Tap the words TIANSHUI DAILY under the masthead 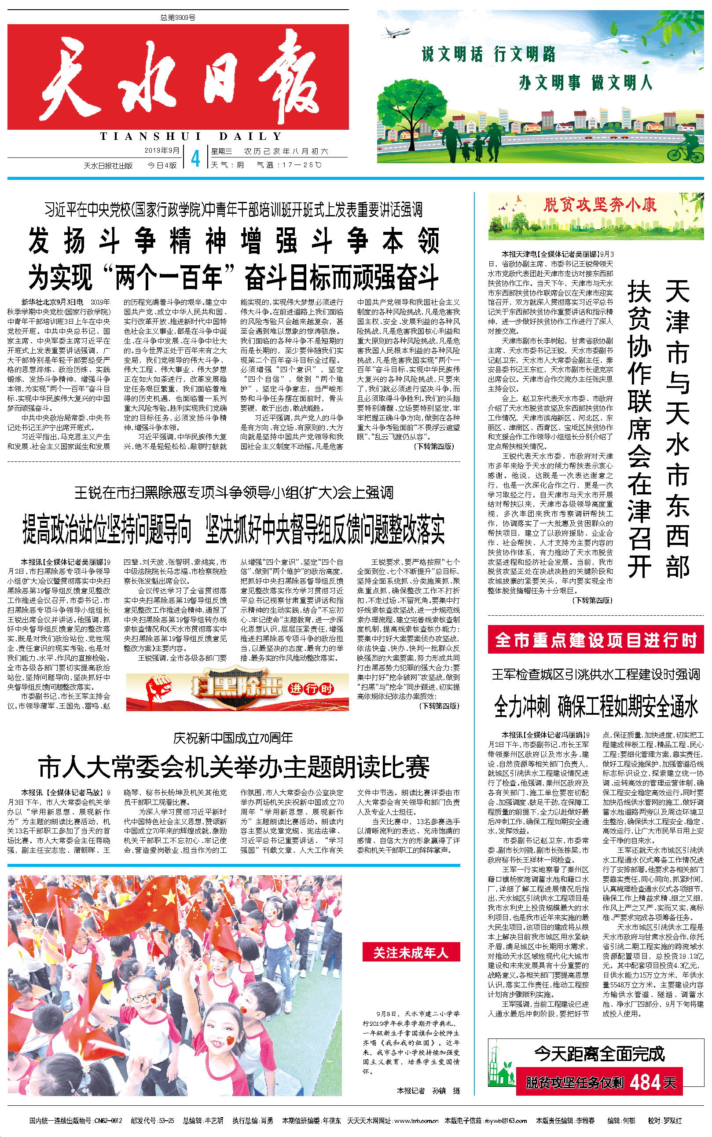coord(191,136)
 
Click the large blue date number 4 coord(195,159)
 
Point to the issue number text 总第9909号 coord(177,18)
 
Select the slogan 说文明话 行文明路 coord(488,55)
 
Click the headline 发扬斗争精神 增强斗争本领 coord(234,241)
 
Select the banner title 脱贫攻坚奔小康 coord(599,205)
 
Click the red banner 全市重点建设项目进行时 coord(595,640)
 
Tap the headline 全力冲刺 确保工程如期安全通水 coord(596,706)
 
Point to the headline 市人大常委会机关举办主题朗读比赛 coord(234,768)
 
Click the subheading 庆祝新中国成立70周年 coord(233,738)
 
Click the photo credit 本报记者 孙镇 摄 coord(428,1090)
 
